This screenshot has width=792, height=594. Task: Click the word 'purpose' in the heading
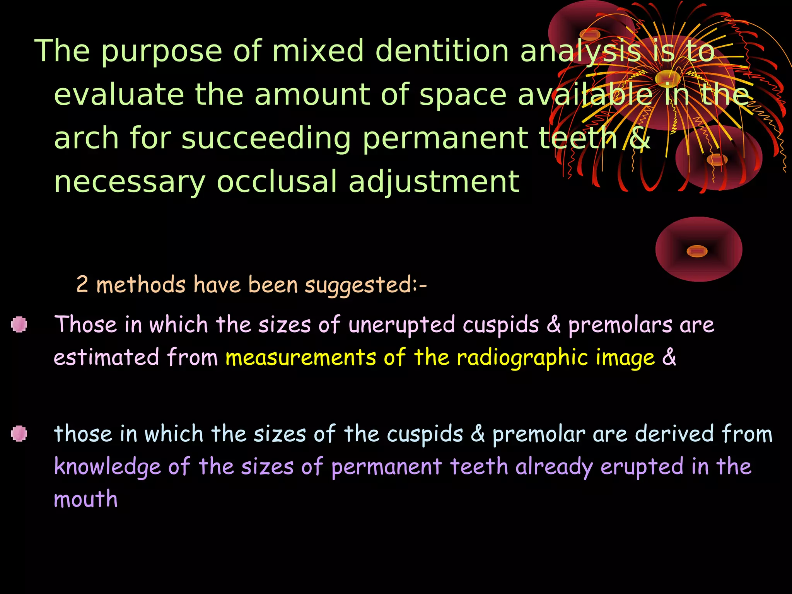(161, 51)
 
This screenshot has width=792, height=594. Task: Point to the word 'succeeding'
(266, 138)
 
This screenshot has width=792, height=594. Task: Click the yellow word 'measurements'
(300, 357)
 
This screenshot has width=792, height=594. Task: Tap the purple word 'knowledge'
(107, 467)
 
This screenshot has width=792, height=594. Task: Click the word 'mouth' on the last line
(85, 499)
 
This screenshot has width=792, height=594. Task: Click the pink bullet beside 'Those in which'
(19, 324)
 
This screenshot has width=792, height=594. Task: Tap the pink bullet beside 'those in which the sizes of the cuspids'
(19, 434)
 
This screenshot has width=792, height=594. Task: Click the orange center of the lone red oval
(697, 251)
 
